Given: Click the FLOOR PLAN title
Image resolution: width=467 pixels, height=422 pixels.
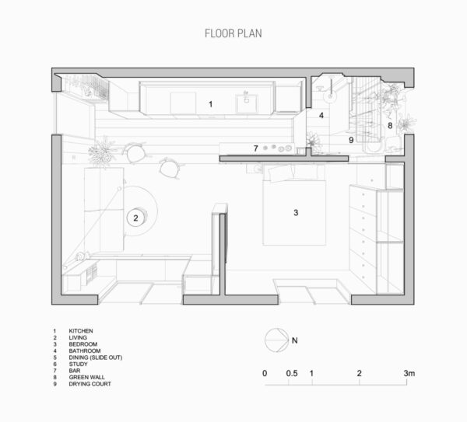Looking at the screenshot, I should [x=233, y=33].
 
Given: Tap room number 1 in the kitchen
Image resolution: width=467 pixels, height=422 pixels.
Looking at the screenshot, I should [x=209, y=103].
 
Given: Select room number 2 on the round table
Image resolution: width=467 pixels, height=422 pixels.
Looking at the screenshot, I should [x=135, y=218].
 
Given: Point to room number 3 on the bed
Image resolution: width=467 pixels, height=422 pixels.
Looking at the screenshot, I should [x=296, y=212].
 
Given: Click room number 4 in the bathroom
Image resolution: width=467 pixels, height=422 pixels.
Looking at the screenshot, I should [x=321, y=115].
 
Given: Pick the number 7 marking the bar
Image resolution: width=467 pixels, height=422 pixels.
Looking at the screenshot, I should [x=255, y=148].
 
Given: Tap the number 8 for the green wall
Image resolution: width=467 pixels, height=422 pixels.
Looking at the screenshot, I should [x=390, y=125].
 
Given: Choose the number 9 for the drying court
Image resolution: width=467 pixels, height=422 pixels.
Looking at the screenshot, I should [x=351, y=140].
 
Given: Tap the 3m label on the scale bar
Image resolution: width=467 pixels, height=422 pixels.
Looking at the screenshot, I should [x=410, y=374].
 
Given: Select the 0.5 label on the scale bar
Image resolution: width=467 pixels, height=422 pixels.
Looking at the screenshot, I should [x=290, y=374].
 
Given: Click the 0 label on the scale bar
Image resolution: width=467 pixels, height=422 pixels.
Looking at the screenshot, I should [x=265, y=374].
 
